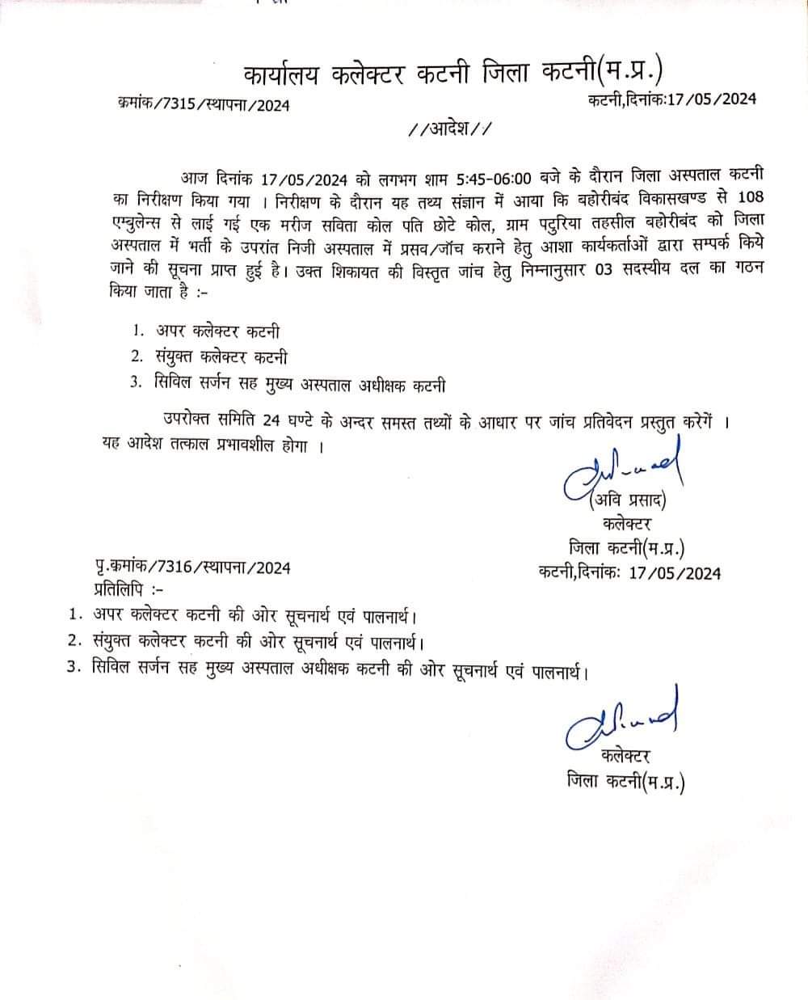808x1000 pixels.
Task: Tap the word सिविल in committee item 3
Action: (173, 384)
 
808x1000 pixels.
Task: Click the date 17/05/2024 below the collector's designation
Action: (674, 573)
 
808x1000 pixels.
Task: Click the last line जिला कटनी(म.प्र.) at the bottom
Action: (625, 783)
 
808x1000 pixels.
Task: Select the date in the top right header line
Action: (711, 99)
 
